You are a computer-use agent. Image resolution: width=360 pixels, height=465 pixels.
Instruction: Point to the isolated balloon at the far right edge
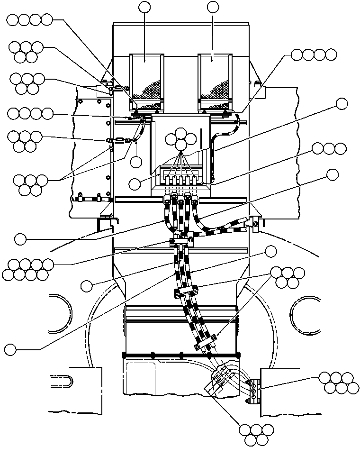(x=342, y=104)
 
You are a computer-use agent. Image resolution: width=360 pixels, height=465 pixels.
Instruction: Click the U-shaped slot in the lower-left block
(x=62, y=382)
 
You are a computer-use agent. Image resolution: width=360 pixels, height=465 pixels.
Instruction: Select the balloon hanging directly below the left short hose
(x=136, y=160)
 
